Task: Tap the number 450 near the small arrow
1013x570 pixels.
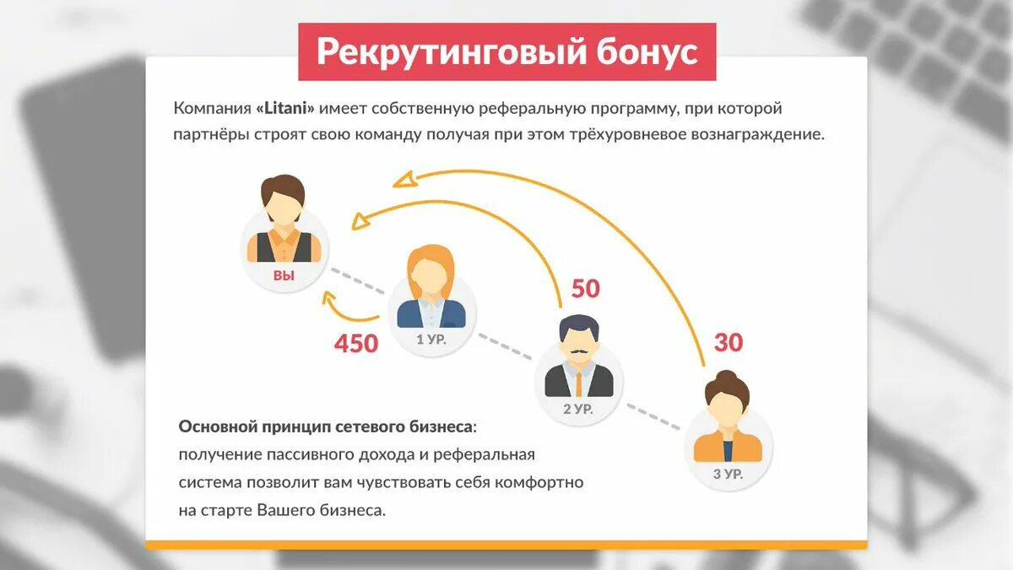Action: (356, 344)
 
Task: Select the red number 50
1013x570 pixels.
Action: (585, 289)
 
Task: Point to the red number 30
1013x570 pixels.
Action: (729, 343)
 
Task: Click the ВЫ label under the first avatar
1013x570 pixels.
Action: (284, 275)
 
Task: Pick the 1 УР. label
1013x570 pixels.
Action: (431, 341)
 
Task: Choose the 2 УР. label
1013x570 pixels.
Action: (578, 409)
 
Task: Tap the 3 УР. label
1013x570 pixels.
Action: (728, 474)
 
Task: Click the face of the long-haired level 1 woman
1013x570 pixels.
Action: (431, 274)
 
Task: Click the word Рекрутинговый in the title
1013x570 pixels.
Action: (438, 52)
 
